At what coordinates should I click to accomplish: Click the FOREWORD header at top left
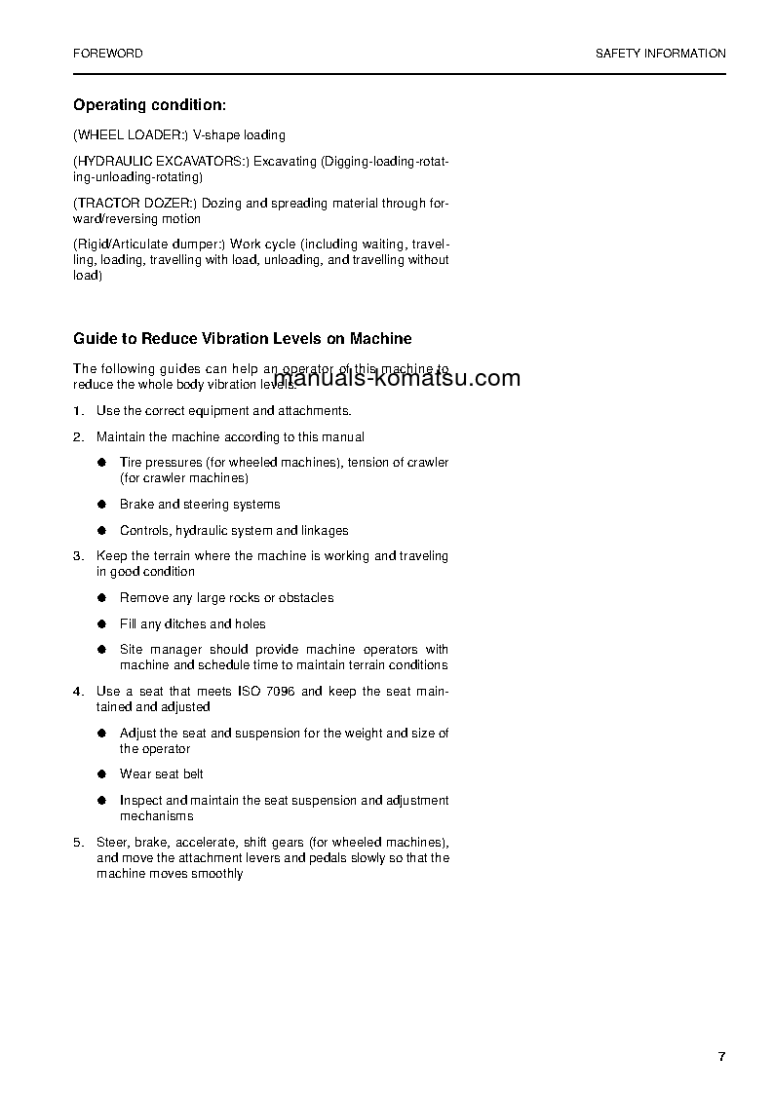(107, 54)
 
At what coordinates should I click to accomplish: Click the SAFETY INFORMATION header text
(660, 54)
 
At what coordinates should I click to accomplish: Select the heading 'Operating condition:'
(150, 104)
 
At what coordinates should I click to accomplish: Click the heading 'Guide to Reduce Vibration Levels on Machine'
(243, 339)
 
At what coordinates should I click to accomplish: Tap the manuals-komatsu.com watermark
(398, 378)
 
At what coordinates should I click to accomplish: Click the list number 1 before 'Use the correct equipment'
(78, 411)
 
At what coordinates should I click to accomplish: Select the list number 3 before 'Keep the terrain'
(78, 556)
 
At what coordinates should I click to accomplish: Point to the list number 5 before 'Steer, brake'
(78, 842)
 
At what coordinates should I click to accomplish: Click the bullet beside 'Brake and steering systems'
(101, 505)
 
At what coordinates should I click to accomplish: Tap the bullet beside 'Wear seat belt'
(101, 774)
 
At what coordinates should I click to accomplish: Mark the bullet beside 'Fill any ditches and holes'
(101, 624)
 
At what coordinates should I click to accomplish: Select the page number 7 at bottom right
(721, 1057)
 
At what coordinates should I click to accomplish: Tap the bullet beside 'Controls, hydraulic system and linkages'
(101, 531)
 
